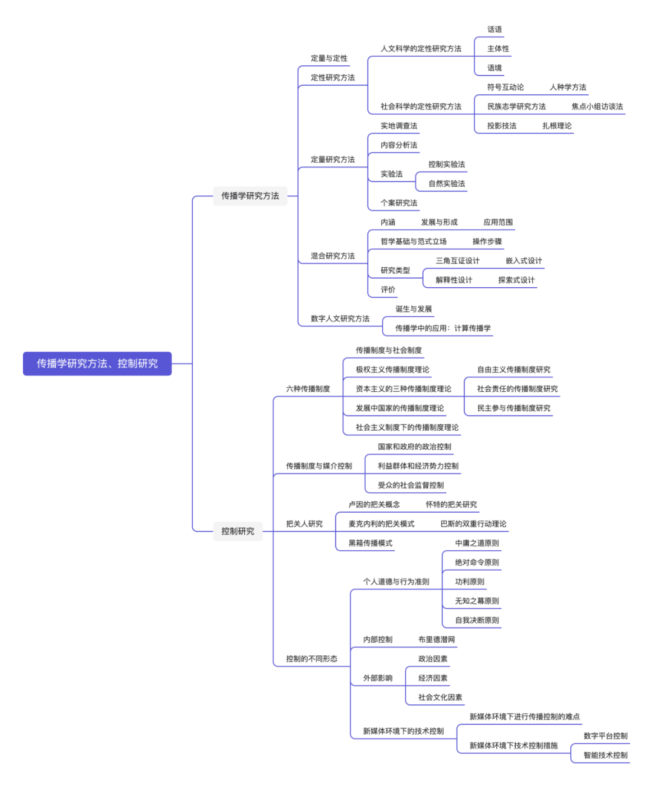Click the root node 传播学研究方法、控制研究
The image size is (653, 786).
97,363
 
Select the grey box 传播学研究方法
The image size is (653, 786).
250,196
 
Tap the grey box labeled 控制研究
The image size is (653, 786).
238,531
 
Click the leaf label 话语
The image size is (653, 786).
495,30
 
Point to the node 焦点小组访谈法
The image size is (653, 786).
597,106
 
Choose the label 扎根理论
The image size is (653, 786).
557,126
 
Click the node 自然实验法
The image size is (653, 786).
447,184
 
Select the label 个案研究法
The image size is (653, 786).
398,203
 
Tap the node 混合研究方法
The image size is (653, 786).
333,256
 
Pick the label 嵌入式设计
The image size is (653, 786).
524,261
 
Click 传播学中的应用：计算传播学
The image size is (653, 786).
443,328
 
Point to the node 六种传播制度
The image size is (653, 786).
308,389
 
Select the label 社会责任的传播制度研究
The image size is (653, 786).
517,389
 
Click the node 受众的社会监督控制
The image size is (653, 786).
411,486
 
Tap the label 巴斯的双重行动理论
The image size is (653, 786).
473,524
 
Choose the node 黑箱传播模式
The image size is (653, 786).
370,544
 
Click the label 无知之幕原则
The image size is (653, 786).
477,601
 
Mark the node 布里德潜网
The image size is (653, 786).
437,640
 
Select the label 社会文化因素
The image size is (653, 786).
440,698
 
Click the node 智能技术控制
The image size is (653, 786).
605,755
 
